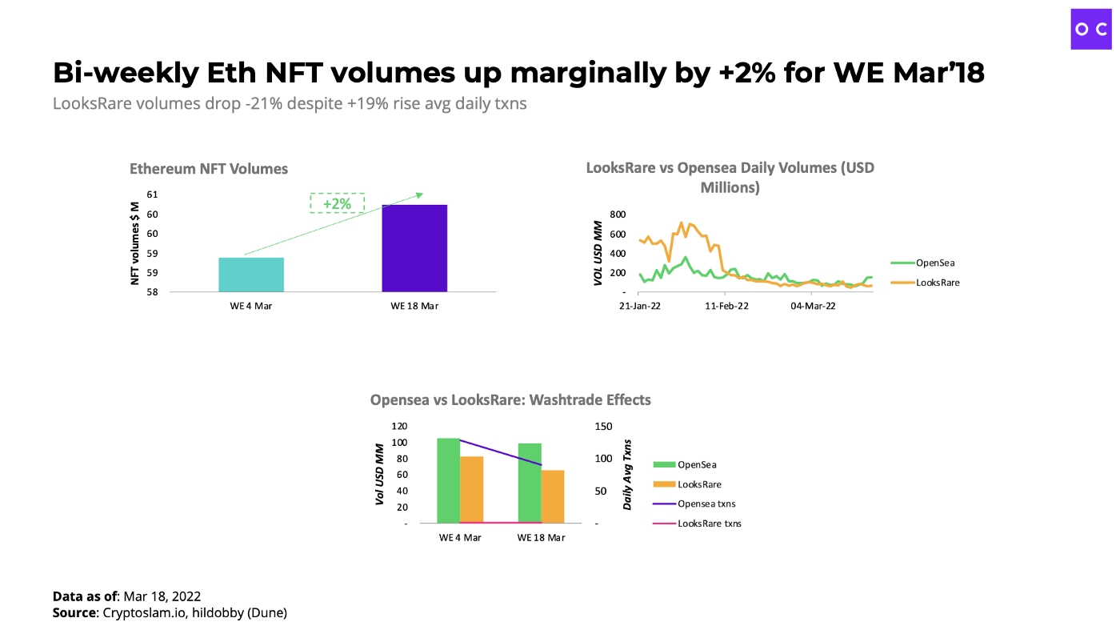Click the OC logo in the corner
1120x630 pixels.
tap(1091, 29)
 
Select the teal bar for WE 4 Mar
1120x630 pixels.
tap(251, 275)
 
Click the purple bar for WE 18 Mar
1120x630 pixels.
tap(414, 248)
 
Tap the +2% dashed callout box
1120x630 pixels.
tap(337, 203)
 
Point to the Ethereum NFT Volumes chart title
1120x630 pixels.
tap(209, 169)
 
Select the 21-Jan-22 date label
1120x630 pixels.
tap(639, 306)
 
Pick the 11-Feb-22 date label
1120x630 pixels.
tap(726, 306)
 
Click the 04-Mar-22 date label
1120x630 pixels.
tap(813, 306)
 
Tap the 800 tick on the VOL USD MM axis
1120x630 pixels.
tap(616, 215)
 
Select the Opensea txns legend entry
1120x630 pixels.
tap(706, 504)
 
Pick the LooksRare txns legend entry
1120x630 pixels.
tap(709, 524)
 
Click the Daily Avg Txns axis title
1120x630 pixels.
tap(628, 475)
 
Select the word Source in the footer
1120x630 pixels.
tap(74, 613)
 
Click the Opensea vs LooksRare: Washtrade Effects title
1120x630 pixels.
tap(510, 399)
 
